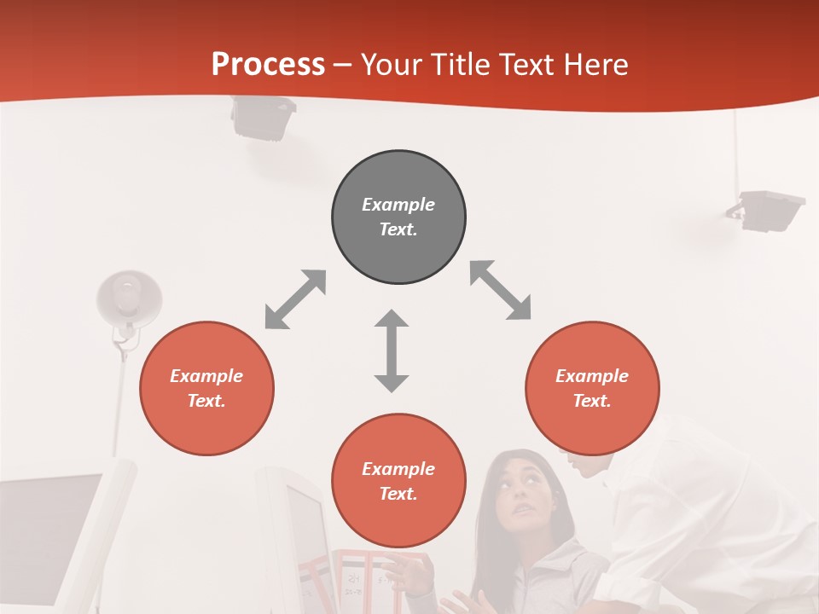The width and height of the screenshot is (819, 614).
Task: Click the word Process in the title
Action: [268, 65]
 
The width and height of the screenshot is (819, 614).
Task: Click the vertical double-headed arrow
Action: [392, 350]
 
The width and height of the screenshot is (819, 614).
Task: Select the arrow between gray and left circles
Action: [295, 299]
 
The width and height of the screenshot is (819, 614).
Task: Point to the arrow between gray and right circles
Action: [500, 291]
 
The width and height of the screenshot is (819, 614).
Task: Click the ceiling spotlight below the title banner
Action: [264, 118]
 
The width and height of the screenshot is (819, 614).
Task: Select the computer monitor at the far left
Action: [51, 529]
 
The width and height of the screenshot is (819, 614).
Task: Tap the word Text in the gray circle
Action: [398, 229]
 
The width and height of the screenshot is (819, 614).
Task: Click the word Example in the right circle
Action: [592, 376]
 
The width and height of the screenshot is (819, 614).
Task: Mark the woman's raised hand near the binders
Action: [417, 574]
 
